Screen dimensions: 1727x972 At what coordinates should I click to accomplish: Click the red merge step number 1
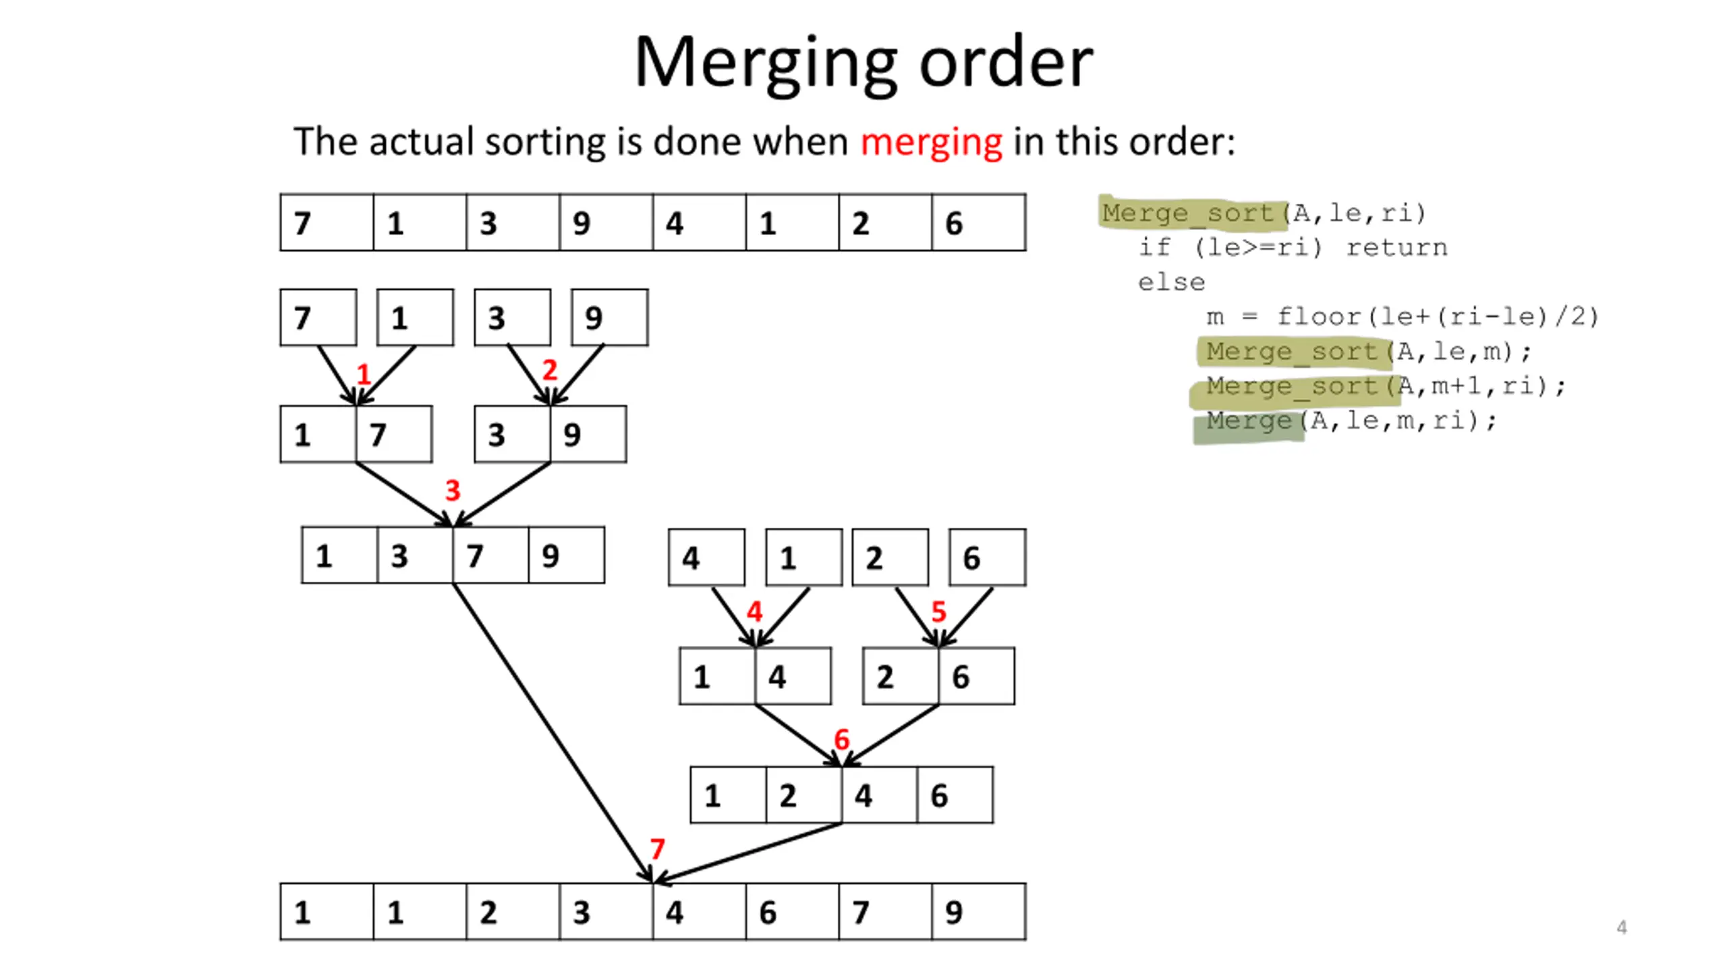point(364,374)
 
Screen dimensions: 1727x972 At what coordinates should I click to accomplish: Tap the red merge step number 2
point(550,370)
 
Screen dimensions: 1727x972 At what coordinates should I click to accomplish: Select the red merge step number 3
point(453,490)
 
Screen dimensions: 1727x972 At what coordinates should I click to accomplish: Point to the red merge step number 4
point(754,612)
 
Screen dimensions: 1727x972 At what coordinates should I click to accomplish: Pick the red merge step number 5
point(938,612)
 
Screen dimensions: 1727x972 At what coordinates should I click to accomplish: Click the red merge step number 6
point(841,739)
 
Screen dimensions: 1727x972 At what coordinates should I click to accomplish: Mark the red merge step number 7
point(657,848)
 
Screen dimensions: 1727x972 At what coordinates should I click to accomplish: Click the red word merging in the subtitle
point(931,143)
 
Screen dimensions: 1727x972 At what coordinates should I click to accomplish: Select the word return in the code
point(1397,248)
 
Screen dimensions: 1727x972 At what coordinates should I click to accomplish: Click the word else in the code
point(1171,282)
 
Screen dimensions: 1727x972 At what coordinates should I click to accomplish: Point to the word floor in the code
point(1319,317)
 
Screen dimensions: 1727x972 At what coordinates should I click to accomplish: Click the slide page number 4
point(1622,927)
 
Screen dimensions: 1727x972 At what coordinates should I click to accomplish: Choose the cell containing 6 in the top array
point(979,223)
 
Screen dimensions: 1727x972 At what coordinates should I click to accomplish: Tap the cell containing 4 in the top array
point(700,223)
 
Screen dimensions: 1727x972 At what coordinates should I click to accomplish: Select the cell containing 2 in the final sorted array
point(513,911)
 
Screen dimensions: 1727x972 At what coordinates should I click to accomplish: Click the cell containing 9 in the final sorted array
point(979,911)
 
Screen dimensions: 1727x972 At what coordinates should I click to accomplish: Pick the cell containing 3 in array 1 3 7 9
point(415,555)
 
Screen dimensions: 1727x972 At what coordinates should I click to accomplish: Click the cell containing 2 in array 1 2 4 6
point(804,795)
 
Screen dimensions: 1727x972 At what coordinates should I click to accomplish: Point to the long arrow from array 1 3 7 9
point(553,733)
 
